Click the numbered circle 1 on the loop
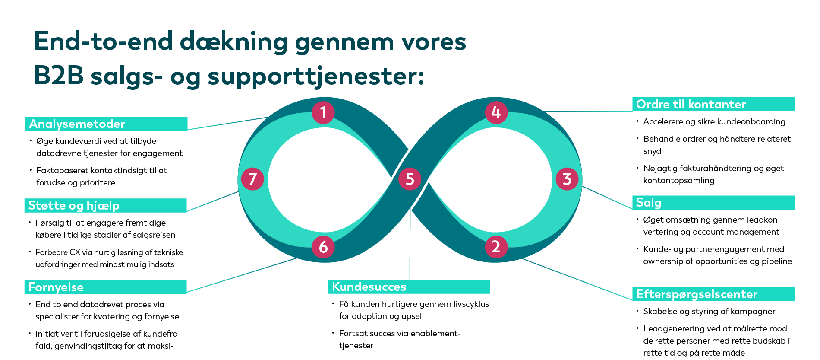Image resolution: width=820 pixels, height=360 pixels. point(323,112)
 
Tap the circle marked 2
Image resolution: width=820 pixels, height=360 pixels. point(496,247)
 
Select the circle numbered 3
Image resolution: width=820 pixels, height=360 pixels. point(567,179)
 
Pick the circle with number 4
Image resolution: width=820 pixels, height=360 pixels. point(496,112)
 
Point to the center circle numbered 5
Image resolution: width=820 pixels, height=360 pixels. point(410,179)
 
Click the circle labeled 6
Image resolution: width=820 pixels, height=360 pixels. point(323,247)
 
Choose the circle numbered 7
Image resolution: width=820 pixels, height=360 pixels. point(252,179)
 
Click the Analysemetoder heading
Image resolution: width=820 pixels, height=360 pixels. point(77,124)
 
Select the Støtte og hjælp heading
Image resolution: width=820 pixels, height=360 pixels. point(74,206)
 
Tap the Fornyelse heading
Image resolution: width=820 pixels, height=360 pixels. point(56,287)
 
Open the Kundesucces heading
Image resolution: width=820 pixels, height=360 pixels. point(369,287)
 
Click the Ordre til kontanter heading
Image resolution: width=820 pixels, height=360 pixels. point(691,105)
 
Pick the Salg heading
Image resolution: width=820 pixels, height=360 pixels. point(648,203)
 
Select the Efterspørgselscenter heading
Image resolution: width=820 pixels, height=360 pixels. point(697,294)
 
